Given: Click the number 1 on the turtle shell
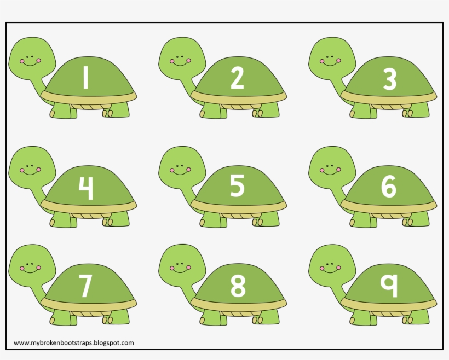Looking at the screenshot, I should point(85,77).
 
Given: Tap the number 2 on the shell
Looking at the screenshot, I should point(237,77).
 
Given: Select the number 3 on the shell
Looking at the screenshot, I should point(389,79).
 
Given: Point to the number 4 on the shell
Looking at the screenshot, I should point(85,188).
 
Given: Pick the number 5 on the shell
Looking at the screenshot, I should point(237,186).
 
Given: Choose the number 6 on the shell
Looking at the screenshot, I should point(389,187).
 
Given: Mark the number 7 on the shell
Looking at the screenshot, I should point(85,285).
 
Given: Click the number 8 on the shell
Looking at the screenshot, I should point(237,285).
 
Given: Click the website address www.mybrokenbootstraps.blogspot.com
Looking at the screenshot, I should point(73,343).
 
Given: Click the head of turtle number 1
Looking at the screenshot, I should point(32,57).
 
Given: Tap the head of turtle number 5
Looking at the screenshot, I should point(183,166).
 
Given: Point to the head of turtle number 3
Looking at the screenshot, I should point(332,57).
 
